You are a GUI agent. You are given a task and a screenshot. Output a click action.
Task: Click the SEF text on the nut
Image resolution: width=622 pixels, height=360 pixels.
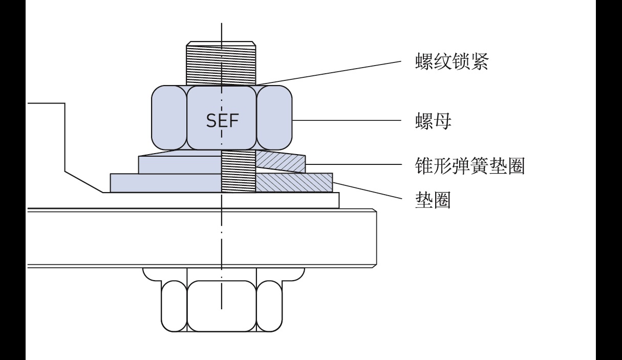click(222, 121)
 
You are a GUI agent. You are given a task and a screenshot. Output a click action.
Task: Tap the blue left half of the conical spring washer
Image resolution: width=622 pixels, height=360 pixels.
click(179, 163)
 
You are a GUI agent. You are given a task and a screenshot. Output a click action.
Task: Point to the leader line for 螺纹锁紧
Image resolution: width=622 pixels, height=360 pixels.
click(328, 72)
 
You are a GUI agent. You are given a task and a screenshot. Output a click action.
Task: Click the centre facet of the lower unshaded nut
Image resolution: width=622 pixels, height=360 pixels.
click(222, 306)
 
